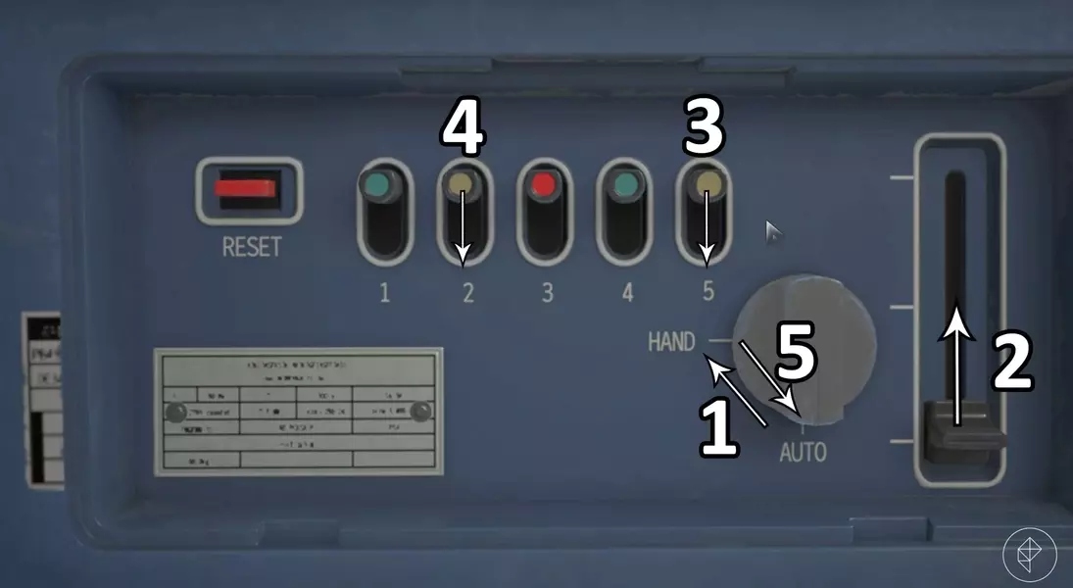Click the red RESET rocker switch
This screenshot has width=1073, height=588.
(249, 189)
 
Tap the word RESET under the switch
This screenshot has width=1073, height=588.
(251, 246)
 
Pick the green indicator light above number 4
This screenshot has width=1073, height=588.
(625, 184)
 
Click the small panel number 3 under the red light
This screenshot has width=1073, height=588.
(547, 292)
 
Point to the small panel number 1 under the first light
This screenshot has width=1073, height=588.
(384, 292)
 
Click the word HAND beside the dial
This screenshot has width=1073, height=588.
(671, 342)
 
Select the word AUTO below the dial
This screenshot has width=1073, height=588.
(803, 453)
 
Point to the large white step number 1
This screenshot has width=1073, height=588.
(719, 427)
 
